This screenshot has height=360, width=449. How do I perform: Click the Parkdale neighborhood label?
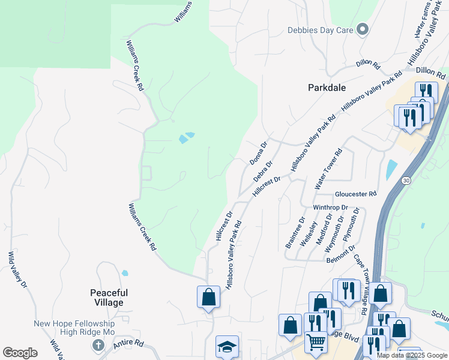point(327,88)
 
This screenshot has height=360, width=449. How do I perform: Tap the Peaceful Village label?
point(109,298)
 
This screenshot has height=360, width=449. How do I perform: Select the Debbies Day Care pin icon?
point(362,29)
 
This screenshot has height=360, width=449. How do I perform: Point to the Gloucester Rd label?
point(355,194)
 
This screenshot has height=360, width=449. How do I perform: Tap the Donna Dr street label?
point(258,154)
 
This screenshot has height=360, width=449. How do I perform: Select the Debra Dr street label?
point(263,171)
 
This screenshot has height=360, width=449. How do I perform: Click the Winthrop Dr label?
point(330,208)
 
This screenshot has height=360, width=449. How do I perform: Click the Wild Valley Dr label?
point(17,271)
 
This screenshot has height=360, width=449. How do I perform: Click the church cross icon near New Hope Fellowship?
point(97,345)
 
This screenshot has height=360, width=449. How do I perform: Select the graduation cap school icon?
point(227,346)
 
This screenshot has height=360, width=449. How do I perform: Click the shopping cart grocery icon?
point(316,343)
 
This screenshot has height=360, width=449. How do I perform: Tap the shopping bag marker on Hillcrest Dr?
point(208,296)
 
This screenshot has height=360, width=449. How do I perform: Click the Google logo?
point(20,353)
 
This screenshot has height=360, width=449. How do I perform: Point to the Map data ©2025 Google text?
point(411,355)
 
